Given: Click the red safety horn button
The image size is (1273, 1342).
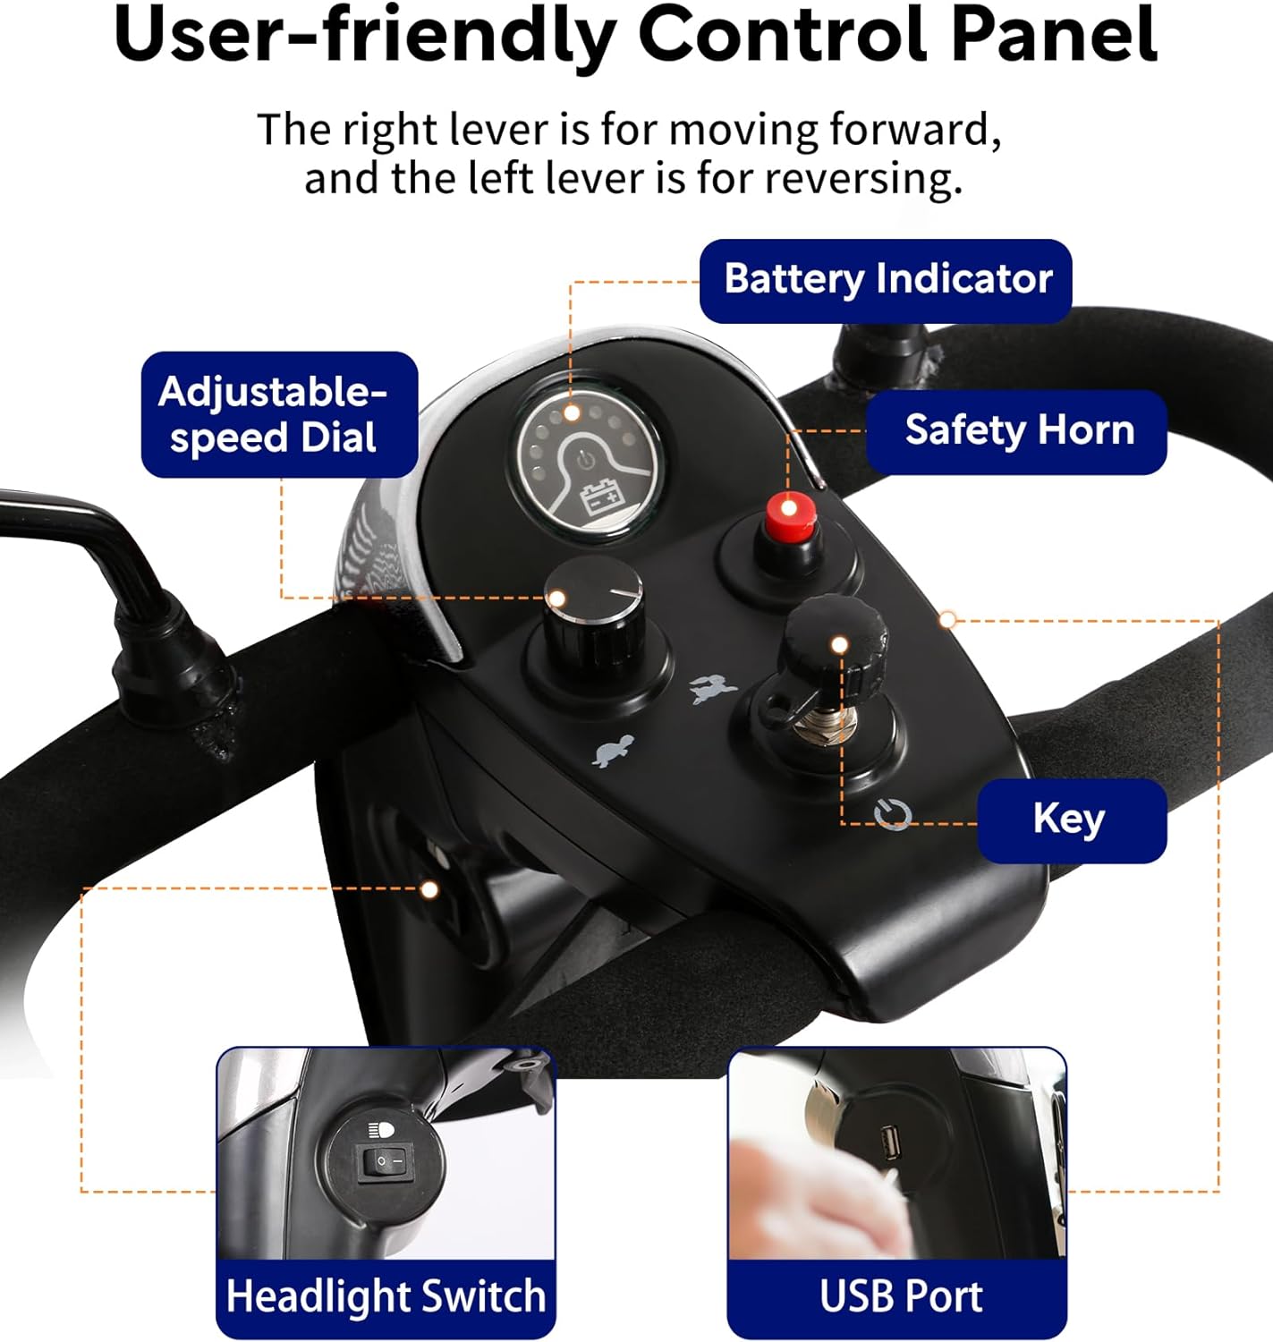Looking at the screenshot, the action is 791,517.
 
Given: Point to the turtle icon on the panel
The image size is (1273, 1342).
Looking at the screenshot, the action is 613,751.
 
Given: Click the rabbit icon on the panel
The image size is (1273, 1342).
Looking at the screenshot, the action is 713,689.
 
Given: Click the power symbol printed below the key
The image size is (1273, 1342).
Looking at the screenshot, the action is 893,814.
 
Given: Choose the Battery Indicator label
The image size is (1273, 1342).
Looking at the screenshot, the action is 886,281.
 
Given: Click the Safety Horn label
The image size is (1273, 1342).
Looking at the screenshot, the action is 1016,432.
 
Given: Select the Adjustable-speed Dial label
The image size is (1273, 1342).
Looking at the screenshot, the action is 279,414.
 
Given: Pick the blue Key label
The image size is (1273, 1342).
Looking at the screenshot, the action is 1073,820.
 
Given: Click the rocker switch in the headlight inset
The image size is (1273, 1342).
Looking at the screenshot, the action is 386,1163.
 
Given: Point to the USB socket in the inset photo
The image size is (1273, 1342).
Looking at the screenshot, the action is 887,1143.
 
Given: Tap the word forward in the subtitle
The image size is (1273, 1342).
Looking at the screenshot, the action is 914,129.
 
